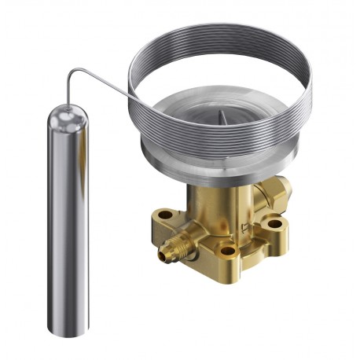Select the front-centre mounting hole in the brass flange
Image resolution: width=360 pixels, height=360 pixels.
tap(228, 252)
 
